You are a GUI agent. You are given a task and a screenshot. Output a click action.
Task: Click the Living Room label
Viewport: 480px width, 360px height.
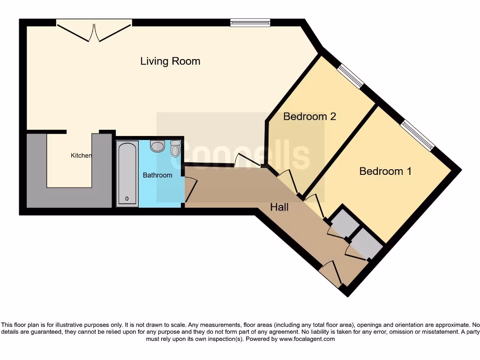click(170, 61)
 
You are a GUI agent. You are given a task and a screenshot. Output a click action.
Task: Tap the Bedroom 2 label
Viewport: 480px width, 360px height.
click(310, 116)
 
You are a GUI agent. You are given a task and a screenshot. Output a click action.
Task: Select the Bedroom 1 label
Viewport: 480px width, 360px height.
click(385, 171)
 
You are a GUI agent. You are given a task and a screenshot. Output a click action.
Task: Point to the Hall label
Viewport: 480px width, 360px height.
click(279, 207)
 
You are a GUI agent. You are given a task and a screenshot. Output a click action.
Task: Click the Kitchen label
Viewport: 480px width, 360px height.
click(81, 156)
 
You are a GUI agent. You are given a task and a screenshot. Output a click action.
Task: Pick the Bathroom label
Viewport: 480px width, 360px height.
click(157, 175)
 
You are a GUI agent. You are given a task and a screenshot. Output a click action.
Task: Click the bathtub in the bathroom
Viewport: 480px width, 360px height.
click(127, 173)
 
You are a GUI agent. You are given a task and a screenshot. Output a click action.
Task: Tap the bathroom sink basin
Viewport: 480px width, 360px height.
click(157, 147)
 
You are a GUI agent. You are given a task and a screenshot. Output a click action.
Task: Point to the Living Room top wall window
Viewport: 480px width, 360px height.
click(250, 22)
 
